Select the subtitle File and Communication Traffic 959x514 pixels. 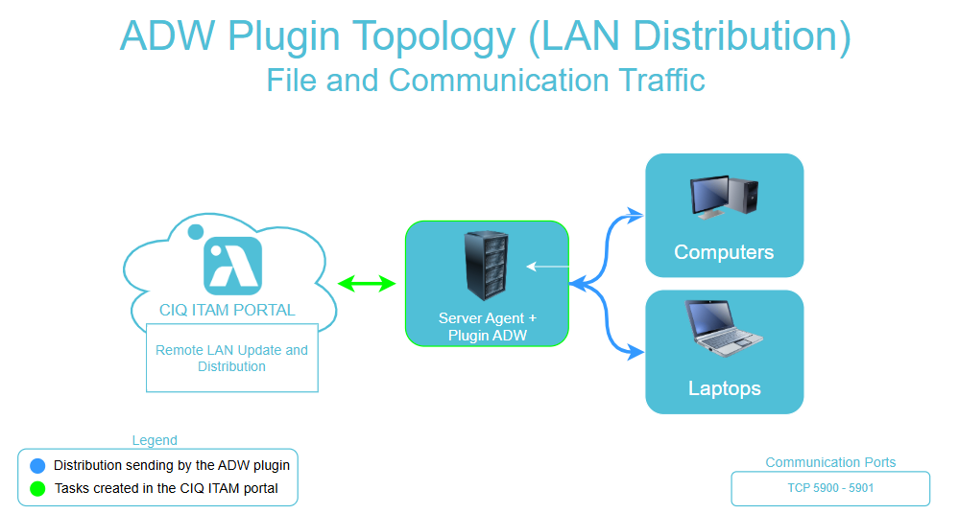pyautogui.click(x=485, y=80)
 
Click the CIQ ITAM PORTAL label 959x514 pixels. pyautogui.click(x=228, y=310)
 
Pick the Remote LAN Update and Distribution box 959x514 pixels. pyautogui.click(x=231, y=358)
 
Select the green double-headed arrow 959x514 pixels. pyautogui.click(x=367, y=283)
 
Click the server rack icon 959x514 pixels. pyautogui.click(x=487, y=266)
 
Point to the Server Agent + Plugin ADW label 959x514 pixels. pyautogui.click(x=487, y=327)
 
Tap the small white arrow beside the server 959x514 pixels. pyautogui.click(x=546, y=266)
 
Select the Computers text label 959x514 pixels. pyautogui.click(x=724, y=252)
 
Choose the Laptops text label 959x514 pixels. pyautogui.click(x=724, y=388)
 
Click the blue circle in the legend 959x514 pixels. pyautogui.click(x=37, y=466)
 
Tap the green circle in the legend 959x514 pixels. pyautogui.click(x=37, y=488)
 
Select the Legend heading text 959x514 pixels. pyautogui.click(x=155, y=440)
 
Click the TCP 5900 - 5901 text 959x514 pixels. pyautogui.click(x=830, y=488)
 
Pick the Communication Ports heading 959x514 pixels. pyautogui.click(x=830, y=462)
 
